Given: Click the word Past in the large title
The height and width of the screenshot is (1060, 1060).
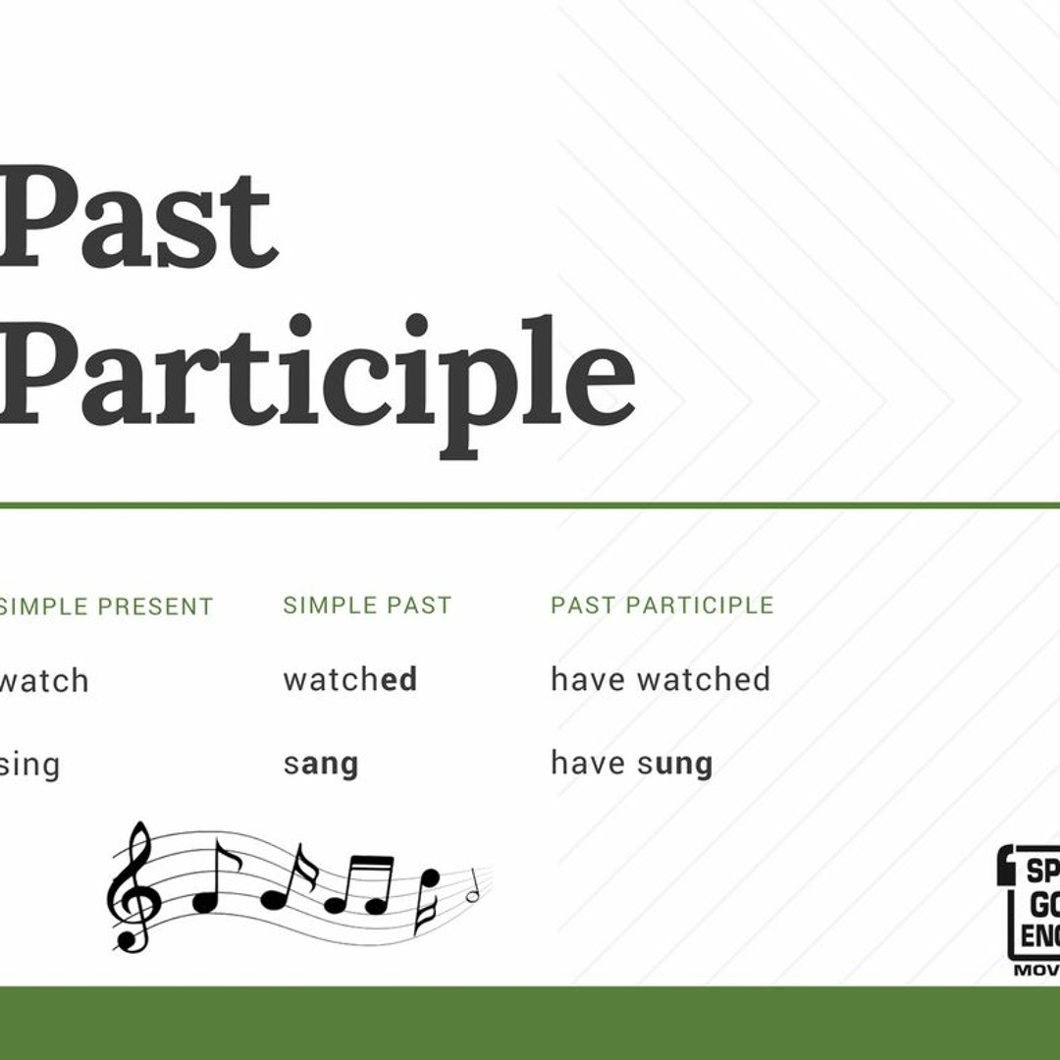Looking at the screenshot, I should (x=137, y=218).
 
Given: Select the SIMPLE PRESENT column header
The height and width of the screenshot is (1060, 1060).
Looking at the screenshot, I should (x=106, y=607).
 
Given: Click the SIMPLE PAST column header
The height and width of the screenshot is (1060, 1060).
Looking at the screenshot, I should (x=367, y=606).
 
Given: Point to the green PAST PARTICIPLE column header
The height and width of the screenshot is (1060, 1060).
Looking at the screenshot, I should (x=662, y=606).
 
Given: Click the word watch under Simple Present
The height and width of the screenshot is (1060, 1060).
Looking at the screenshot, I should (x=44, y=680).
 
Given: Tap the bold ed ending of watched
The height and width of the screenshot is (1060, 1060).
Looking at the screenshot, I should (x=399, y=679).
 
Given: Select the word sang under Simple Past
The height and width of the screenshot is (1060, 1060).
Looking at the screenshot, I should (x=321, y=765).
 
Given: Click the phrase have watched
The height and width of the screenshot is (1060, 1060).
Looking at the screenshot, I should (x=660, y=679).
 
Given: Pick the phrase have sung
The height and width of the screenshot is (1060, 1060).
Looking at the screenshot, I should (x=631, y=764).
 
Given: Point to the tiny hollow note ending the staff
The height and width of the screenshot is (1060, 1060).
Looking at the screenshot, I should (x=472, y=891).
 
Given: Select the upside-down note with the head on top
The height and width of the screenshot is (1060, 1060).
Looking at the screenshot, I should (x=428, y=898).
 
